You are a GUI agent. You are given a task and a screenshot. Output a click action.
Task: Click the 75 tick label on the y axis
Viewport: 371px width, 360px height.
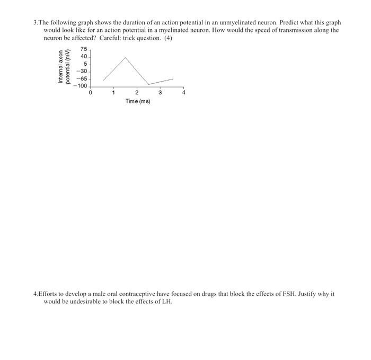(84, 50)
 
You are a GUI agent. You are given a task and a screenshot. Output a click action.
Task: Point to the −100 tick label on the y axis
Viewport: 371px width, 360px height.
(81, 86)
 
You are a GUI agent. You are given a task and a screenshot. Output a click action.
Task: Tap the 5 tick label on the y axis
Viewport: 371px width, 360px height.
(85, 64)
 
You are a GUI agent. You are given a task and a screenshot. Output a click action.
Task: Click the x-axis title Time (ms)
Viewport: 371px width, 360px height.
(138, 101)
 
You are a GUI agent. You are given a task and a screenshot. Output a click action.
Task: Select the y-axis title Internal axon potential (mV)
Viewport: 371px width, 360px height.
(64, 67)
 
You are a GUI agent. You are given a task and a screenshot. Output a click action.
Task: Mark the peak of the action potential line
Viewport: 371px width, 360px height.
(125, 57)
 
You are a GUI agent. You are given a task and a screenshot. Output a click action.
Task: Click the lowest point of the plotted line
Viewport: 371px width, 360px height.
(148, 84)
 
